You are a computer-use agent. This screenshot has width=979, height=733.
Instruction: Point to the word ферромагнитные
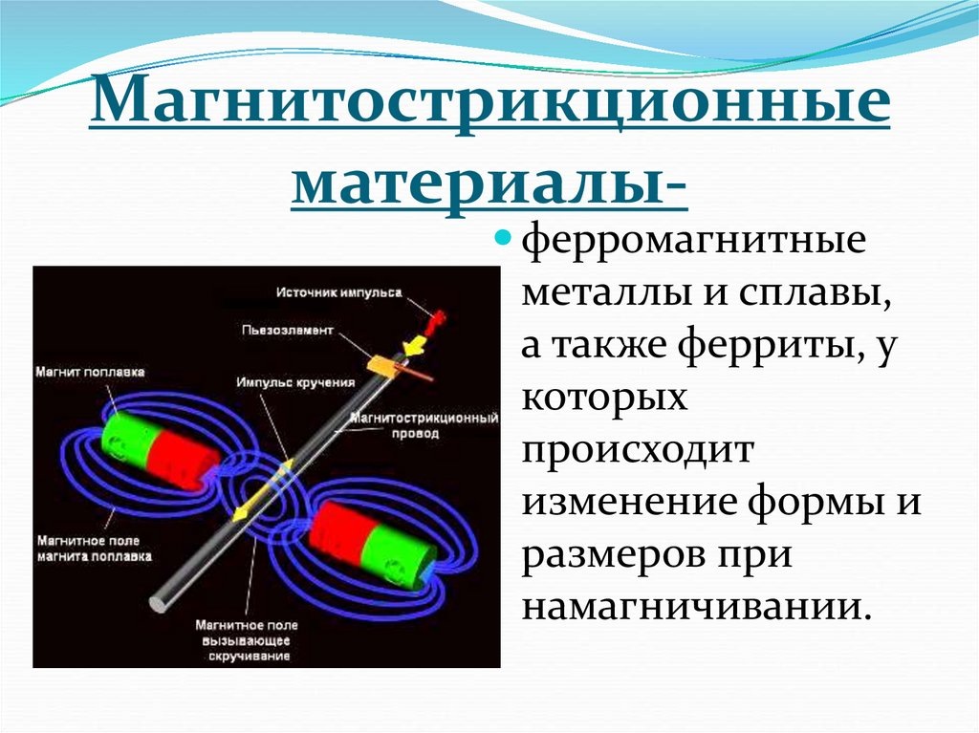693,238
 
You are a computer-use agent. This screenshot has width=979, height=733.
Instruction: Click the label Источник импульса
339,291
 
